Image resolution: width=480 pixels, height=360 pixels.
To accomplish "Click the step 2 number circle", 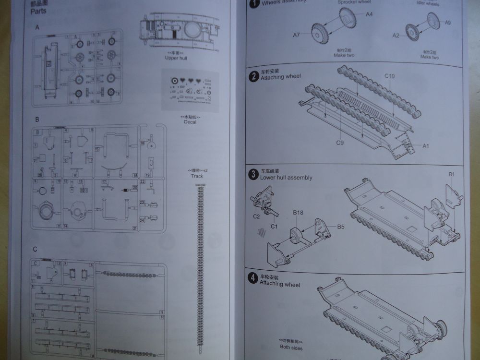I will point(253,76).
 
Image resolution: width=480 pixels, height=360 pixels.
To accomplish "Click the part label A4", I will point(369,14).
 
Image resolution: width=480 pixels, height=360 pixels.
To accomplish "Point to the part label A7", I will point(297,35).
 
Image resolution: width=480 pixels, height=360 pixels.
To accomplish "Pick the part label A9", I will point(448,23).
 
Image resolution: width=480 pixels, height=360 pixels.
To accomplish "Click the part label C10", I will point(389,76).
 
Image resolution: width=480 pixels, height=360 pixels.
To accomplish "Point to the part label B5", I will point(341,226).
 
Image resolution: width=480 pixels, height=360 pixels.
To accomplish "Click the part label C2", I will point(256,216).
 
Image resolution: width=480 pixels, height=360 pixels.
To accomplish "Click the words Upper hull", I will point(178,58).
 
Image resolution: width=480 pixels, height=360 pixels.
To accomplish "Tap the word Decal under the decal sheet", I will point(190,122).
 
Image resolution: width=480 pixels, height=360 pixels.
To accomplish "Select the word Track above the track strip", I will point(197,176).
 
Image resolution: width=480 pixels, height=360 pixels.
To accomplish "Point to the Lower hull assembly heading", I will point(286,178).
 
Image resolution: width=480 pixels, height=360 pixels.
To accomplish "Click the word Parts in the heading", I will point(38,11).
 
